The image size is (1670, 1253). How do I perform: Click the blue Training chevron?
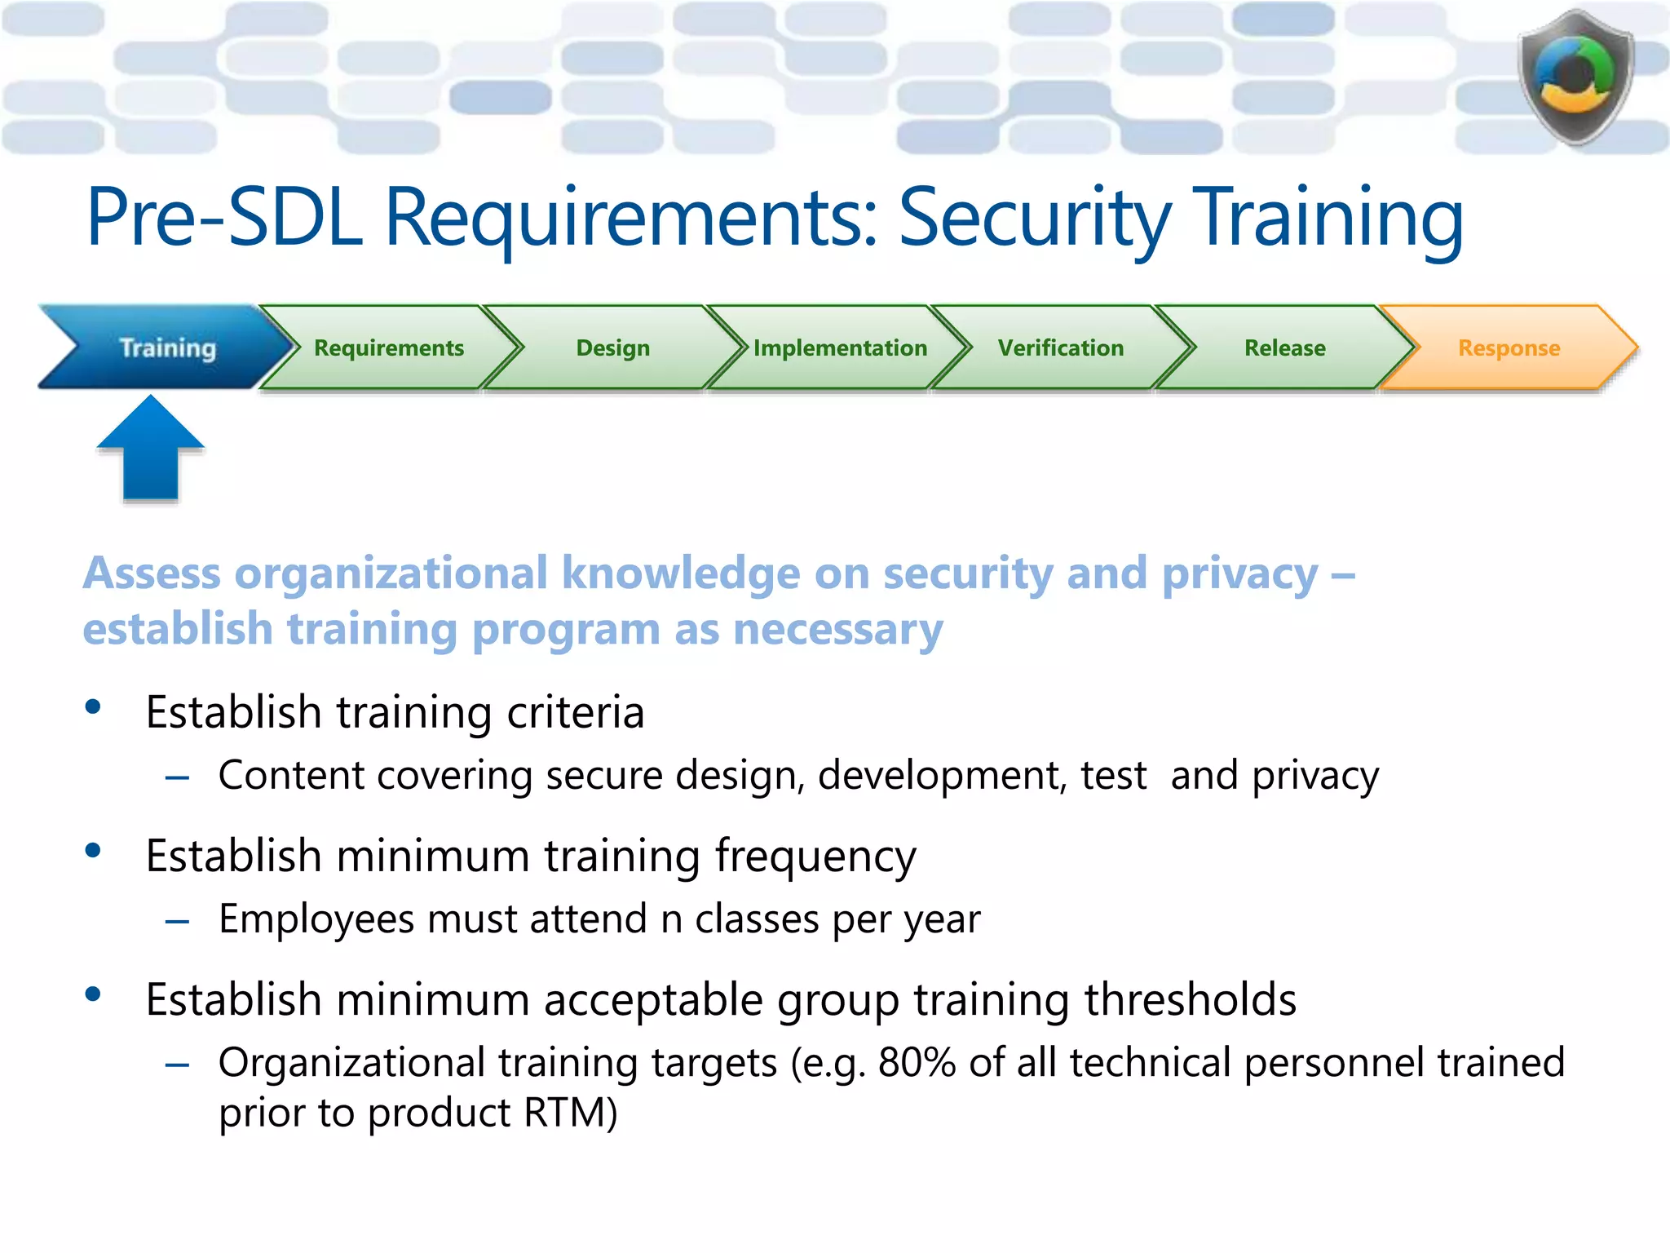[167, 348]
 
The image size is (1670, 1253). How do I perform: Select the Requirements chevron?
[389, 348]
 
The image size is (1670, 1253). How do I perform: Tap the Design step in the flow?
[612, 348]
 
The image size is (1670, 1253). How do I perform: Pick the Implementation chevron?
[840, 348]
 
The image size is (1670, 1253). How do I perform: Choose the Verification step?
[1060, 348]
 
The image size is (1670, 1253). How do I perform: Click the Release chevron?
[1284, 348]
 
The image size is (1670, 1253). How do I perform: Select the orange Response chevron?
[1509, 348]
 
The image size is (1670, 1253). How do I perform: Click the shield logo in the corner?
[1575, 77]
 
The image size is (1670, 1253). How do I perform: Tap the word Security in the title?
[1034, 217]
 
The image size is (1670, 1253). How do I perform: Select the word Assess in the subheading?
[152, 573]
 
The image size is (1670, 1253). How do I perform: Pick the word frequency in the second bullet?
[815, 857]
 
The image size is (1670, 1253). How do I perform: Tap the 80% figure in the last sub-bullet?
[916, 1062]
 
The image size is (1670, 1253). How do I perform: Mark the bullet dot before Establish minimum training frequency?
[93, 851]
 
